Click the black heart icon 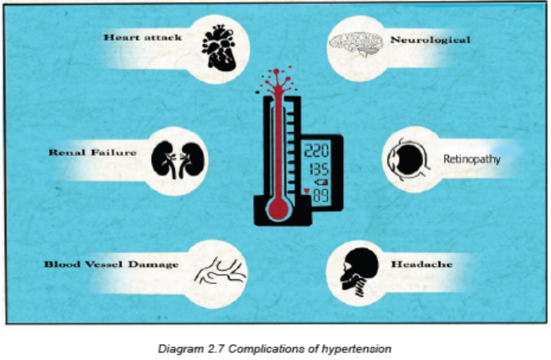point(218,47)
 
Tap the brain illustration point(356,44)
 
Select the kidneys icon point(178,160)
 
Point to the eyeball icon point(409,160)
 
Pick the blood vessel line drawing point(221,271)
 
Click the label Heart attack point(142,37)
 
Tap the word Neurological point(431,40)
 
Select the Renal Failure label point(92,152)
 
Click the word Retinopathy point(472,159)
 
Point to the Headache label point(421,264)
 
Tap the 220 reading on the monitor point(317,150)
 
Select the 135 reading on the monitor point(319,169)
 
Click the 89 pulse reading point(321,195)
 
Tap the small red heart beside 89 point(307,191)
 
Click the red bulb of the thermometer point(279,208)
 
